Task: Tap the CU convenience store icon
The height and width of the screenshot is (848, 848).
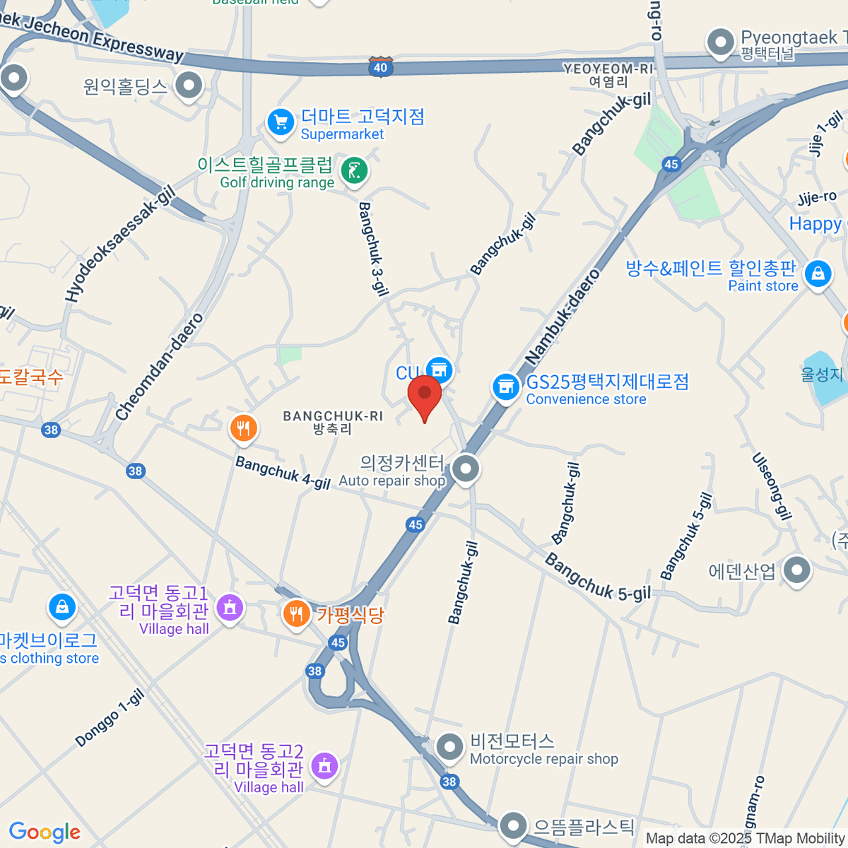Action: pos(439,369)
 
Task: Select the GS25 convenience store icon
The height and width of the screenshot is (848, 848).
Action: pos(506,387)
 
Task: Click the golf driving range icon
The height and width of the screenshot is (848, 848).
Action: pos(353,170)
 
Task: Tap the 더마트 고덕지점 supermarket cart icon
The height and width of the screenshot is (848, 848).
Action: pos(281,122)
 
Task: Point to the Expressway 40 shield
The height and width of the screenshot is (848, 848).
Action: pos(380,67)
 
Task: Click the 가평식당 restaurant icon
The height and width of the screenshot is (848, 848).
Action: pos(297,613)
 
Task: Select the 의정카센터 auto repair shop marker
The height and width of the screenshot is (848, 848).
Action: pos(466,469)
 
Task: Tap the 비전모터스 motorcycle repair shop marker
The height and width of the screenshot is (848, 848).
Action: pos(449,746)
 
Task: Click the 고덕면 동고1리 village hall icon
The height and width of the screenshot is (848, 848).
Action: pos(230,607)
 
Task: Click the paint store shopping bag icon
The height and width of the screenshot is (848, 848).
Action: pos(818,273)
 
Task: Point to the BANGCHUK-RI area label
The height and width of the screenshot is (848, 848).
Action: pos(333,422)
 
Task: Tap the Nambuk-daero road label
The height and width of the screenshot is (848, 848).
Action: pos(563,317)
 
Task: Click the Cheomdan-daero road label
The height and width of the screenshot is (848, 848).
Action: pos(159,367)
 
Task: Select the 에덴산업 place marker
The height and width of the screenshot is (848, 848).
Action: pos(797,570)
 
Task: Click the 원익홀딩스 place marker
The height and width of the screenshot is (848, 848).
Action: pos(189,86)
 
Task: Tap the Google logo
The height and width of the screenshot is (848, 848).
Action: pos(45,832)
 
